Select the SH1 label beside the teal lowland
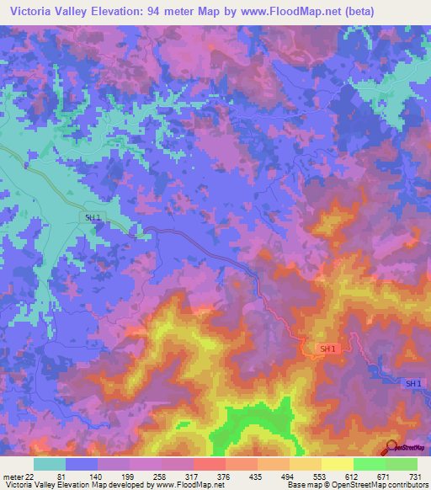point(93,217)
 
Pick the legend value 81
point(62,476)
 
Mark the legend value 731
point(412,476)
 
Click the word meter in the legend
point(12,476)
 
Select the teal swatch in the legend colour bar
point(49,464)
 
